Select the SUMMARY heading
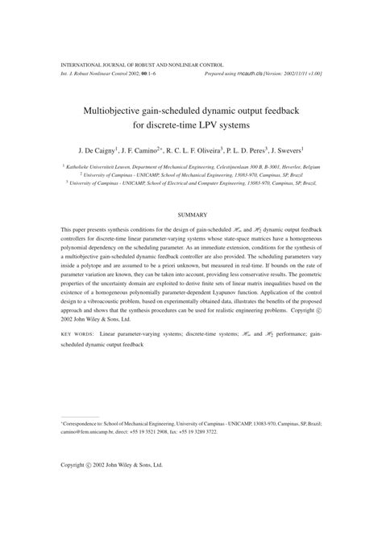[192, 214]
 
